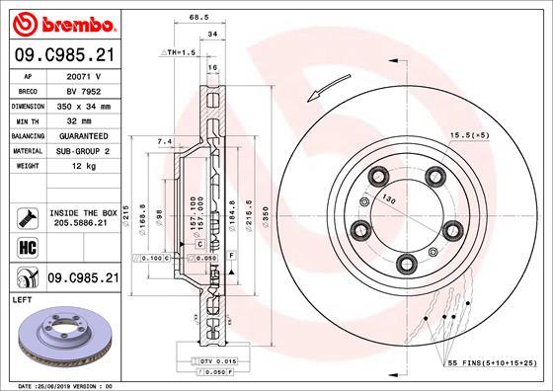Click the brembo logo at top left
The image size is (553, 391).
(x=61, y=20)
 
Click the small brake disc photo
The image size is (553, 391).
(x=63, y=336)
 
